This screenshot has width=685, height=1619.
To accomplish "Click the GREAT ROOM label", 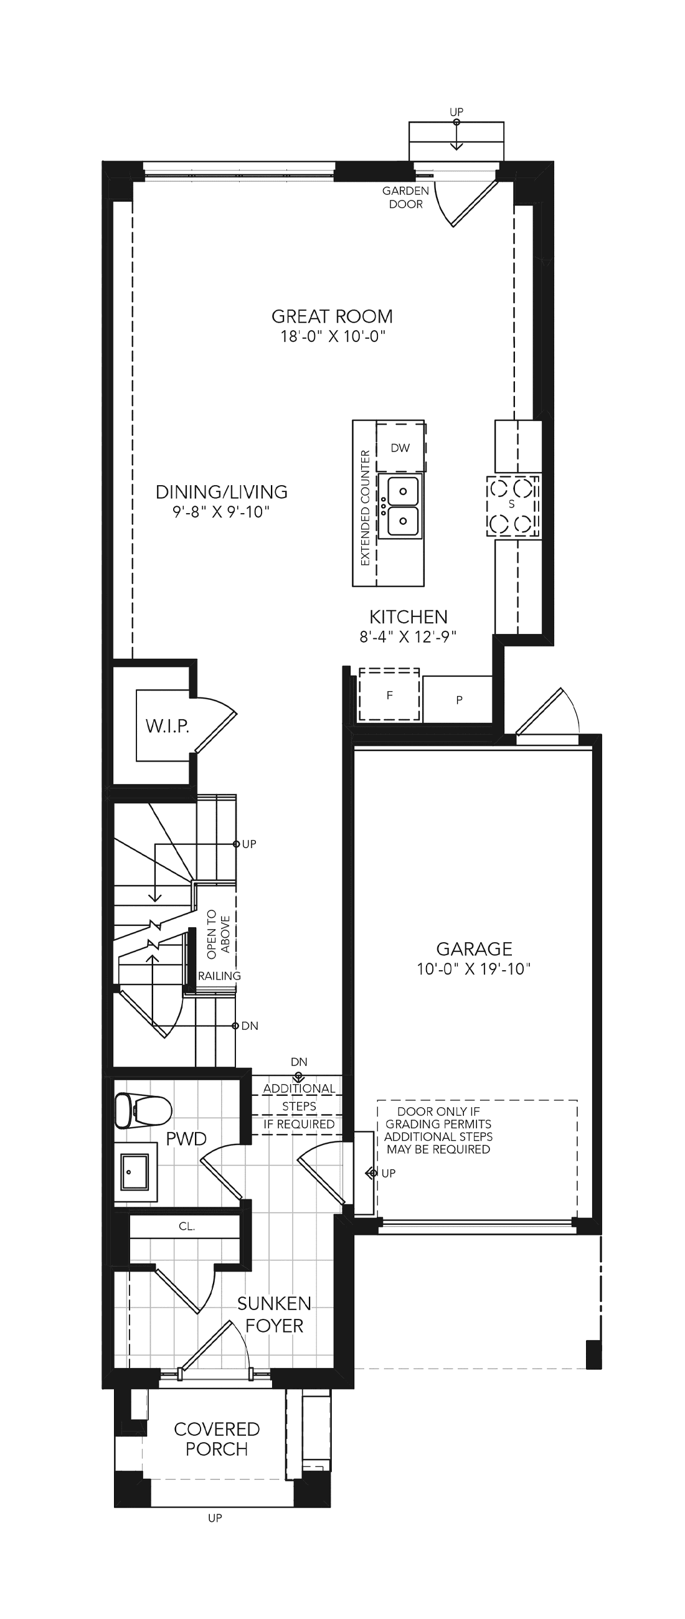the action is pos(332,316).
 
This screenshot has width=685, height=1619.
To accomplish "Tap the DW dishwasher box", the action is pos(401,448).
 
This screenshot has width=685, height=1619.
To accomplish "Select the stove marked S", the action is pos(513,506).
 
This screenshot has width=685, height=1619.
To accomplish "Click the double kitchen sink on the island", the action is pos(401,506).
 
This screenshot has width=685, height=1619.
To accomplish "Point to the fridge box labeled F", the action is pos(389,694).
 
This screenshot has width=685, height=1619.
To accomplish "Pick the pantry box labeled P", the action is pos(458,699).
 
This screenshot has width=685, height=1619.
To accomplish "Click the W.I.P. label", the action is pos(167,726).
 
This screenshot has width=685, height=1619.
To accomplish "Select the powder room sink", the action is pos(135,1171).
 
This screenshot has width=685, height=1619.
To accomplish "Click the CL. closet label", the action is pos(187,1226).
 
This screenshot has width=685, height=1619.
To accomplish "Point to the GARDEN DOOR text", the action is pos(406,197).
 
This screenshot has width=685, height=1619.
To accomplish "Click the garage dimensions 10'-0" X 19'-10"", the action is pos(474,968).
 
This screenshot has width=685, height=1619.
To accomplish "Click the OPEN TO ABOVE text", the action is pos(218,935).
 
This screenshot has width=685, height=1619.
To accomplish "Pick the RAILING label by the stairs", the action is pos(219,976).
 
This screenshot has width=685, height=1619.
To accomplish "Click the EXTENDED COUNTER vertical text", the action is pos(365,508).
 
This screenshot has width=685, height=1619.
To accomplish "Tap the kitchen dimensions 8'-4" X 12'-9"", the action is pos(408,636).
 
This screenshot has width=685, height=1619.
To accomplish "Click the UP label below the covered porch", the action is pos(215,1518).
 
